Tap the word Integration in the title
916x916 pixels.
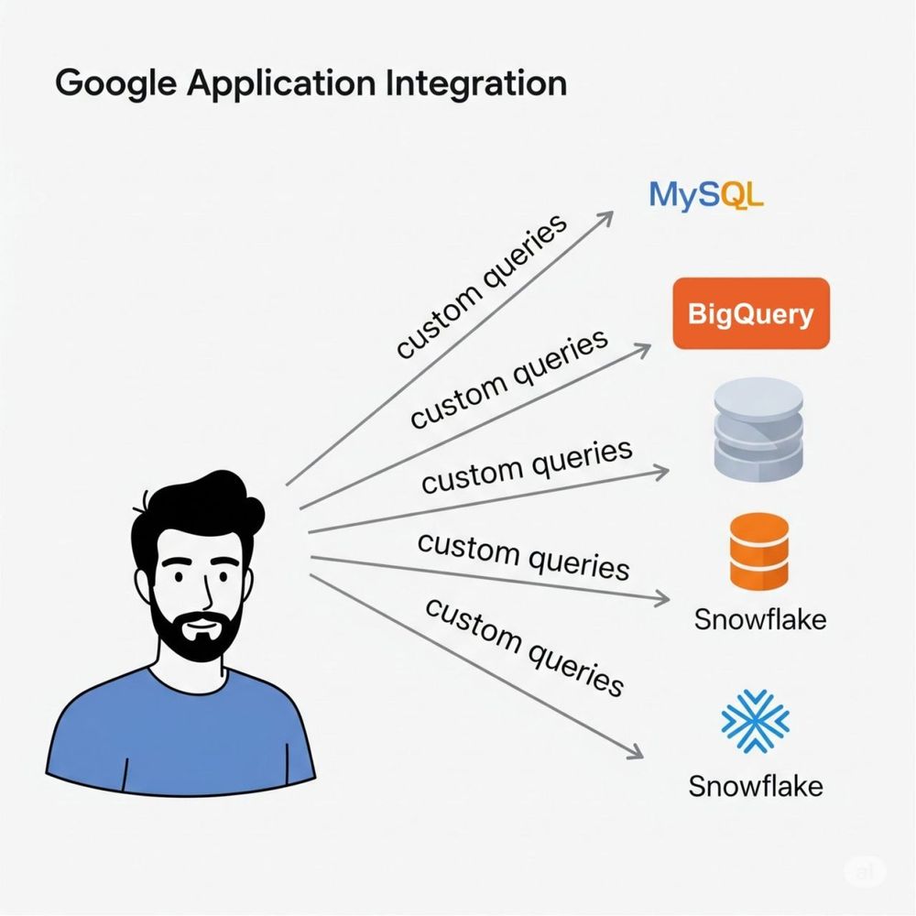click(x=477, y=84)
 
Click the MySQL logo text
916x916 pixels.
click(x=704, y=194)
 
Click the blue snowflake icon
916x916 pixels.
click(x=755, y=721)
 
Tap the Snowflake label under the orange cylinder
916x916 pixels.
click(x=760, y=619)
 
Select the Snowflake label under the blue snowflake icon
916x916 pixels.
click(x=755, y=786)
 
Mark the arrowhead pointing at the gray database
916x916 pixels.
click(x=661, y=470)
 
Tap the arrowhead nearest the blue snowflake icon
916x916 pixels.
click(x=634, y=753)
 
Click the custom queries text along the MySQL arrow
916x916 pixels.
click(x=481, y=288)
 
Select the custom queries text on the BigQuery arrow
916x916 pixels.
click(x=508, y=378)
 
